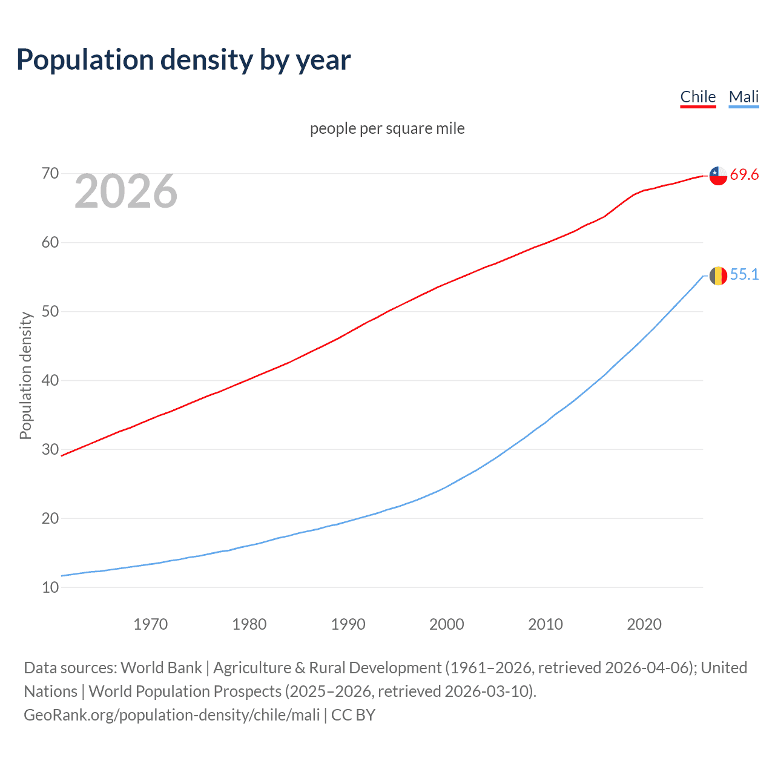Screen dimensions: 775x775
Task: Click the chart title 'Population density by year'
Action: point(183,59)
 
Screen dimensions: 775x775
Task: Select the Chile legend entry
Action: point(697,97)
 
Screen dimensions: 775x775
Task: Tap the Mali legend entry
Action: point(744,97)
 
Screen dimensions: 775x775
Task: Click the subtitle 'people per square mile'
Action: point(387,128)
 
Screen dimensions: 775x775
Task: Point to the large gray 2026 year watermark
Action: point(126,191)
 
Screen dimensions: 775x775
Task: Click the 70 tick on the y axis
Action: point(50,174)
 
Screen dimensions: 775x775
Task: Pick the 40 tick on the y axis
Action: point(50,381)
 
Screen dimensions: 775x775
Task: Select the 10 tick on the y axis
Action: point(50,587)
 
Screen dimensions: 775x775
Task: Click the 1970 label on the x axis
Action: point(150,624)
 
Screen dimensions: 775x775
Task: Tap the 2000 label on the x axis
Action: point(446,624)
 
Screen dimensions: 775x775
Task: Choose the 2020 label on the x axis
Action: point(644,624)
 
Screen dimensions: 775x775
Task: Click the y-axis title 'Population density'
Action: point(25,375)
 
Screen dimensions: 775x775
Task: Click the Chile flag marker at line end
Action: point(718,175)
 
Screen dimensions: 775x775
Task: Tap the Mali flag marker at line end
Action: point(718,275)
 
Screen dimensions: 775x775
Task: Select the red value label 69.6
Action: point(744,175)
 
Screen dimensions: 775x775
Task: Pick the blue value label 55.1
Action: point(744,275)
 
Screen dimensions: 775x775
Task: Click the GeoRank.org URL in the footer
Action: point(171,715)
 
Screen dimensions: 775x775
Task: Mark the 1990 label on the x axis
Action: point(348,624)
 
